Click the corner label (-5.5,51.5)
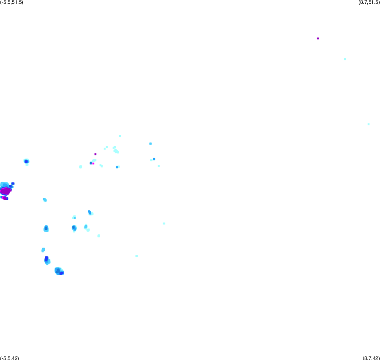pyautogui.click(x=12, y=3)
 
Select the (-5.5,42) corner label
pyautogui.click(x=9, y=358)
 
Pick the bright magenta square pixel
pyautogui.click(x=93, y=164)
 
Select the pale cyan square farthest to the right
pyautogui.click(x=369, y=124)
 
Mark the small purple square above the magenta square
pyautogui.click(x=95, y=154)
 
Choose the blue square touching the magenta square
pyautogui.click(x=91, y=163)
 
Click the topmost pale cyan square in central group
pyautogui.click(x=120, y=136)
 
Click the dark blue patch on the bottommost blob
pyautogui.click(x=62, y=273)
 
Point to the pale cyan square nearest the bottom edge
pyautogui.click(x=137, y=256)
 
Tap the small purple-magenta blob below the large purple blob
pyautogui.click(x=4, y=198)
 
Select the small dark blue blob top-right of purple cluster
pyautogui.click(x=13, y=184)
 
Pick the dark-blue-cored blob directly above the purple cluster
pyautogui.click(x=26, y=161)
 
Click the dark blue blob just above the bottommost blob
pyautogui.click(x=46, y=259)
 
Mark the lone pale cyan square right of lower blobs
pyautogui.click(x=164, y=224)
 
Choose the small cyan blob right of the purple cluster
pyautogui.click(x=45, y=200)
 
